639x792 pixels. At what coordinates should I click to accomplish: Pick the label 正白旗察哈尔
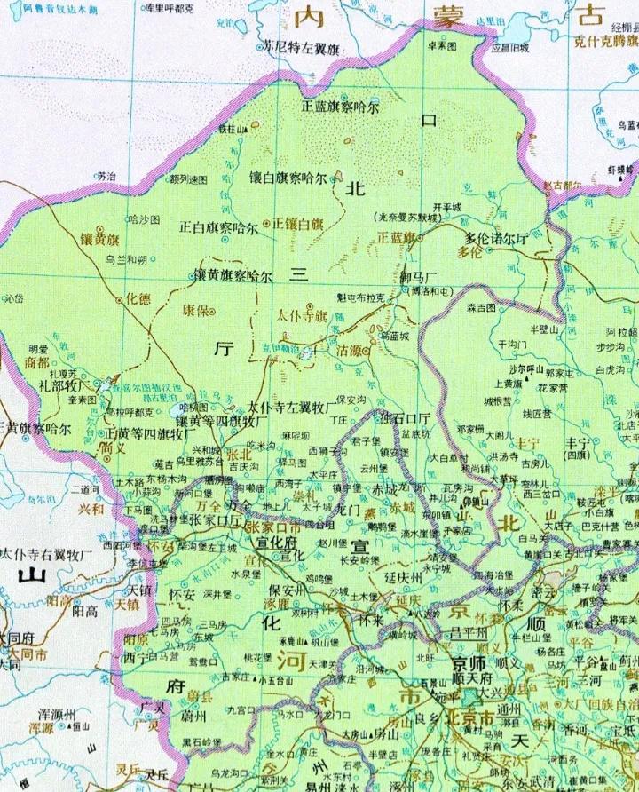point(218,226)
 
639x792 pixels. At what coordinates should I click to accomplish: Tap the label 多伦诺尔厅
point(496,237)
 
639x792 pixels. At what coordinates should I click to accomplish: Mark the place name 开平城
point(447,207)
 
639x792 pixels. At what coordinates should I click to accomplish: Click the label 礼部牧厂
point(54,387)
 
